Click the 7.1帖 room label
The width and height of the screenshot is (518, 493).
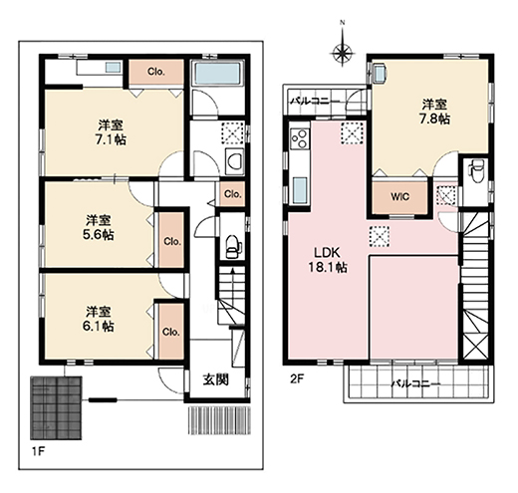tap(111, 132)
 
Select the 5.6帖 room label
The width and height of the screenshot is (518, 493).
tap(99, 227)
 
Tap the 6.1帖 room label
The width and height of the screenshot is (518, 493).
tap(99, 319)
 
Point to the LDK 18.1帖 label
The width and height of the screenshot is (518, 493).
tap(328, 260)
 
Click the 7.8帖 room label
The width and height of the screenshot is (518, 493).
tap(434, 112)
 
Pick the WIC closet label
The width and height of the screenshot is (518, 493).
tap(400, 197)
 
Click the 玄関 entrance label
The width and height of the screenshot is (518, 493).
tap(216, 379)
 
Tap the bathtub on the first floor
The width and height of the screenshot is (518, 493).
tap(218, 74)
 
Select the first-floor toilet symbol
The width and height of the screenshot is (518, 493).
tap(233, 247)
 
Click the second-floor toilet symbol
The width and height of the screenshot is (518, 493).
tap(476, 170)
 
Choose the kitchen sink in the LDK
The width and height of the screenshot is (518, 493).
tap(300, 190)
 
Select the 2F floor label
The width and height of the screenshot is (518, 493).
tap(297, 378)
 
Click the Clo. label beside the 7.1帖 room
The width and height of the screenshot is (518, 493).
tap(156, 72)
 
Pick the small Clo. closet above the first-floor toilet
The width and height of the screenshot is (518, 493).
tap(232, 194)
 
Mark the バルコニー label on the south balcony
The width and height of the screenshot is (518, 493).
tap(415, 384)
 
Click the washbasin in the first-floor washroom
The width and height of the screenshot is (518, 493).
tap(235, 161)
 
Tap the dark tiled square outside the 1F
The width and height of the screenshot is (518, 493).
tap(56, 407)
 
